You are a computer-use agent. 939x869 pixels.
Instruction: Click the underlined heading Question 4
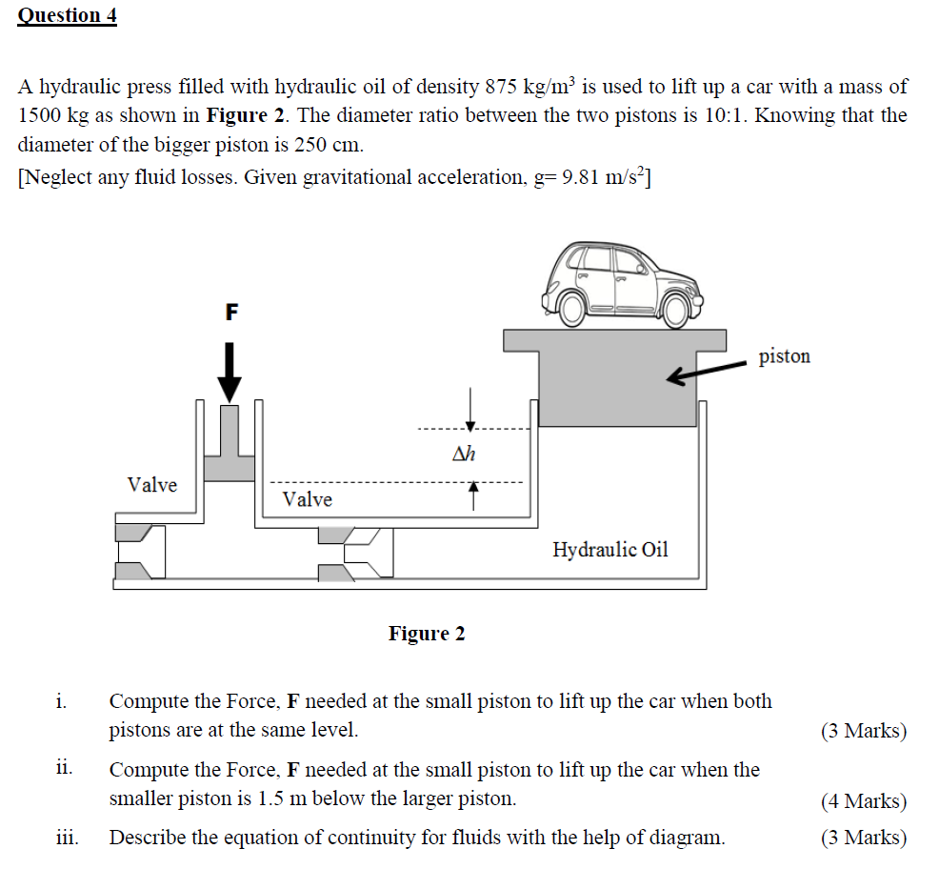click(67, 15)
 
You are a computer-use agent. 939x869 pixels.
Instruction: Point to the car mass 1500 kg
click(55, 116)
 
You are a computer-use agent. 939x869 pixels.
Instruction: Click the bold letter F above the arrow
click(230, 312)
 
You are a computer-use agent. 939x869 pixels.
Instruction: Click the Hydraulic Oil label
click(610, 550)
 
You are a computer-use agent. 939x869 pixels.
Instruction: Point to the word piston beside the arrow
click(784, 356)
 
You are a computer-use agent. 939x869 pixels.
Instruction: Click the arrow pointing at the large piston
click(705, 373)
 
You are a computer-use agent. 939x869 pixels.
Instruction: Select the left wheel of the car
click(571, 307)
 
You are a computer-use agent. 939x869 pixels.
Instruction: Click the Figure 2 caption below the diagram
click(427, 634)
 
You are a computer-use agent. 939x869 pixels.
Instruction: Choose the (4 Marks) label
click(863, 801)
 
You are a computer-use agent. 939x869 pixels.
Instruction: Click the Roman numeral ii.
click(65, 769)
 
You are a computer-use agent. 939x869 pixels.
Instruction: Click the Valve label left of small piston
click(152, 485)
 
